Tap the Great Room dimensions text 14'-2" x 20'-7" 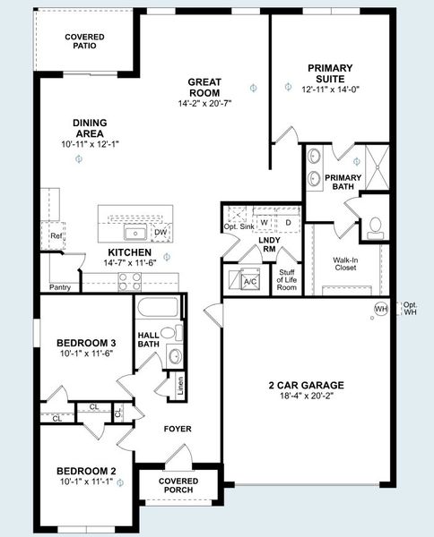click(204, 104)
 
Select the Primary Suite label click(330, 72)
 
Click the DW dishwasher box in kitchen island click(161, 233)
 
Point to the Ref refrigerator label click(56, 237)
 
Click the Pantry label click(60, 287)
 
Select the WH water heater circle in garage click(380, 309)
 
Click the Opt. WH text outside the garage click(410, 309)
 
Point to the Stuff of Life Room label click(287, 280)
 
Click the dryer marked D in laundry click(288, 222)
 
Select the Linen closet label click(180, 388)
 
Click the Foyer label click(178, 429)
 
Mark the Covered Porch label click(178, 486)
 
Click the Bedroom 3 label click(86, 349)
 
